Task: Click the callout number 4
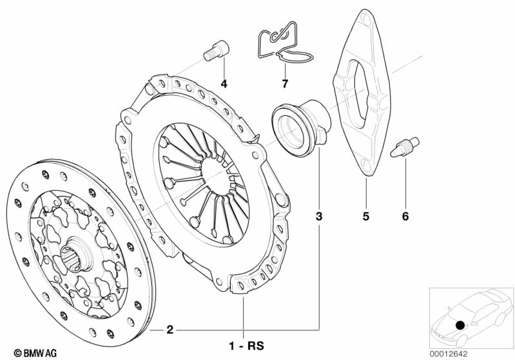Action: (x=224, y=84)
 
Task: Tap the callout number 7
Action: (x=284, y=84)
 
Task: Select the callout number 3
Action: (x=318, y=216)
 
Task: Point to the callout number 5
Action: (x=365, y=216)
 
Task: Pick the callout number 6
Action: (x=405, y=216)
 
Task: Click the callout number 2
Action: (x=170, y=330)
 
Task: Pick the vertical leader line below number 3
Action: (x=318, y=277)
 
